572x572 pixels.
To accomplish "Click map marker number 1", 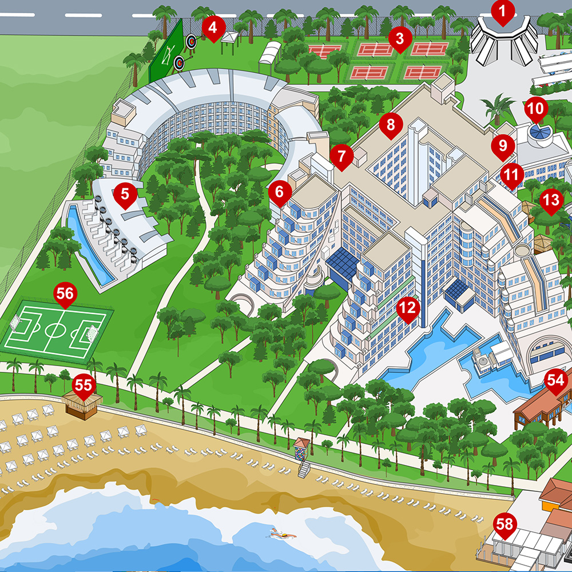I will (x=503, y=12).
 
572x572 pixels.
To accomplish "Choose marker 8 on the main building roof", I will (x=391, y=125).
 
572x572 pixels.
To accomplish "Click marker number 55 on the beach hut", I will (x=84, y=387).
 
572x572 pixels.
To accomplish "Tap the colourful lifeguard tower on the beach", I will (x=301, y=450).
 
